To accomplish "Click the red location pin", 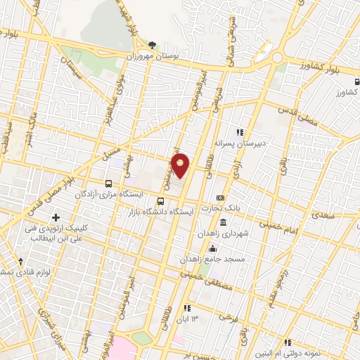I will [181, 165].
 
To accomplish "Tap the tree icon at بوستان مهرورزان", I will [152, 44].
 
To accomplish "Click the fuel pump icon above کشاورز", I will [356, 81].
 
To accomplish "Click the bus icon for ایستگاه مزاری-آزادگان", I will [108, 181].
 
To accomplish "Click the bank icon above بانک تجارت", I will [220, 198].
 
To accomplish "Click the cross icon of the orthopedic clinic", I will [56, 217].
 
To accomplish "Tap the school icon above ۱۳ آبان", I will [186, 308].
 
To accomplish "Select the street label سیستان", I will [73, 66].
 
